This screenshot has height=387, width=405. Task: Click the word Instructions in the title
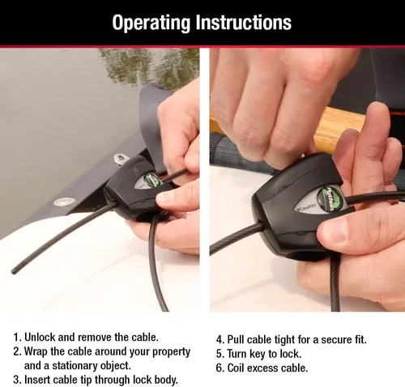point(244,22)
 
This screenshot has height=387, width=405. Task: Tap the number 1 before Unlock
point(16,337)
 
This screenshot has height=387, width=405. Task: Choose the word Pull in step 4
point(240,339)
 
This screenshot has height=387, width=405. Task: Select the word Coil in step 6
point(241,368)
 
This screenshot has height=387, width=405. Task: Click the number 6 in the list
point(220,368)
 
